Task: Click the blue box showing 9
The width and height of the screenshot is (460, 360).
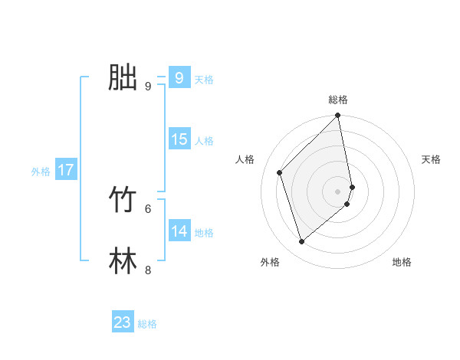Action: point(179,77)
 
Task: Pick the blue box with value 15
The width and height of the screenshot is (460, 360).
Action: point(179,139)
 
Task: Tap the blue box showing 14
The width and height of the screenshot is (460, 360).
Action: point(179,231)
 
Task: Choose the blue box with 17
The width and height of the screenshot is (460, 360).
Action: point(66,170)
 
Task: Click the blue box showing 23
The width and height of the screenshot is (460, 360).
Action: point(123,322)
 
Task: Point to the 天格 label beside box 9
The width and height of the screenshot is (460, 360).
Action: point(204,80)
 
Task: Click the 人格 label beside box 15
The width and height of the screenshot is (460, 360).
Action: point(204,141)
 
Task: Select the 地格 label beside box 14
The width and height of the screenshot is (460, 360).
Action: point(204,233)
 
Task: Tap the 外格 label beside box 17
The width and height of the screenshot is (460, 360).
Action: point(41,172)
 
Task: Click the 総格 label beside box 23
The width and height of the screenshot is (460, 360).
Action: point(147,325)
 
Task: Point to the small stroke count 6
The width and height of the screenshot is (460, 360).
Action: point(148,208)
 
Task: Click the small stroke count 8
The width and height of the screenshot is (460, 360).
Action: point(148,270)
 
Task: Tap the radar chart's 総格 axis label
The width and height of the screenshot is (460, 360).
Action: point(338,100)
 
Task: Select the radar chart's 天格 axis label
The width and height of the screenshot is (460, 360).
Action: point(432,159)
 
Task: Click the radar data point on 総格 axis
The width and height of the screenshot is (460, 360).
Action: point(338,116)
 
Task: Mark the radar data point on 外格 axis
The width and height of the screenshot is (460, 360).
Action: point(302,241)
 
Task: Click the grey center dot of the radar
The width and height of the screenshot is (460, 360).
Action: point(338,191)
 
